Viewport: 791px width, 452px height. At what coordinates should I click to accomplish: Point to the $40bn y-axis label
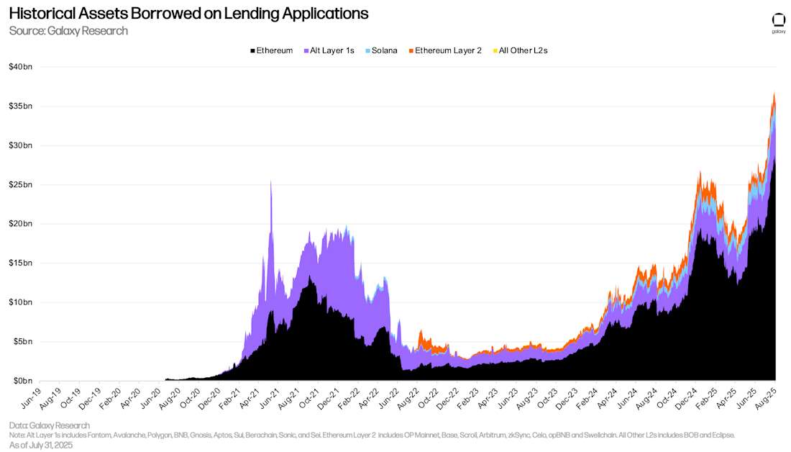coord(20,67)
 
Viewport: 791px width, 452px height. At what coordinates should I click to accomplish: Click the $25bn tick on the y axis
coord(20,184)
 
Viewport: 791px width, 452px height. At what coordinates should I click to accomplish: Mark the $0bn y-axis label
coord(22,380)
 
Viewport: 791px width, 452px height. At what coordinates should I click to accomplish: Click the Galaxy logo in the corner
coord(778,22)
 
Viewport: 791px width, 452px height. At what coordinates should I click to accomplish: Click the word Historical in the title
coord(43,14)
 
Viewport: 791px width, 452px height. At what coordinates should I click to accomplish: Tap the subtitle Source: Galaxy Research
coord(68,30)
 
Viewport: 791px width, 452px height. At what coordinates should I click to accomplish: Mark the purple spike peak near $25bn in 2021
coord(270,181)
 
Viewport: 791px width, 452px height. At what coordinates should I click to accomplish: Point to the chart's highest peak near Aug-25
coord(774,94)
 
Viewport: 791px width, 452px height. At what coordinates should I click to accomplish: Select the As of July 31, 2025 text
coord(41,445)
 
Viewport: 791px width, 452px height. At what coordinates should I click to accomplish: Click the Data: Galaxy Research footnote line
coord(50,425)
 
